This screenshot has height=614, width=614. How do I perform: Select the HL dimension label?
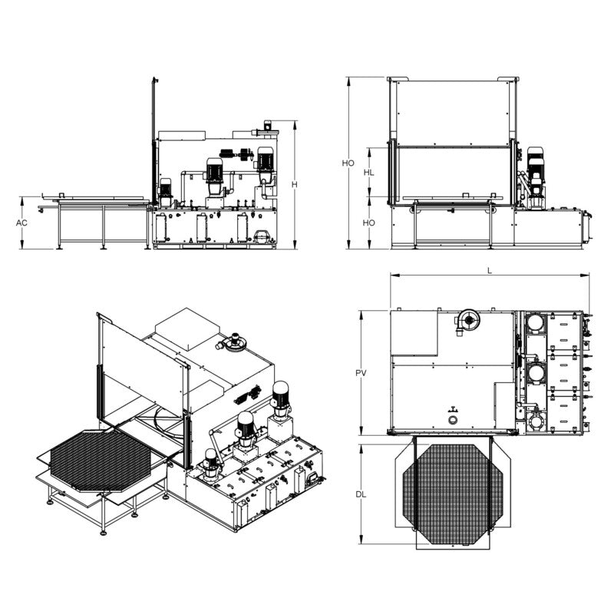[369, 173]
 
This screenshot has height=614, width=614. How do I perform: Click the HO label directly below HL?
[369, 223]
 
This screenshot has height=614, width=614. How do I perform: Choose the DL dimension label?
[361, 494]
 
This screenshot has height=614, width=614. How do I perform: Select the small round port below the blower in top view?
[453, 421]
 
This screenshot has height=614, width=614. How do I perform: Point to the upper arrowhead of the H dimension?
[292, 122]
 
